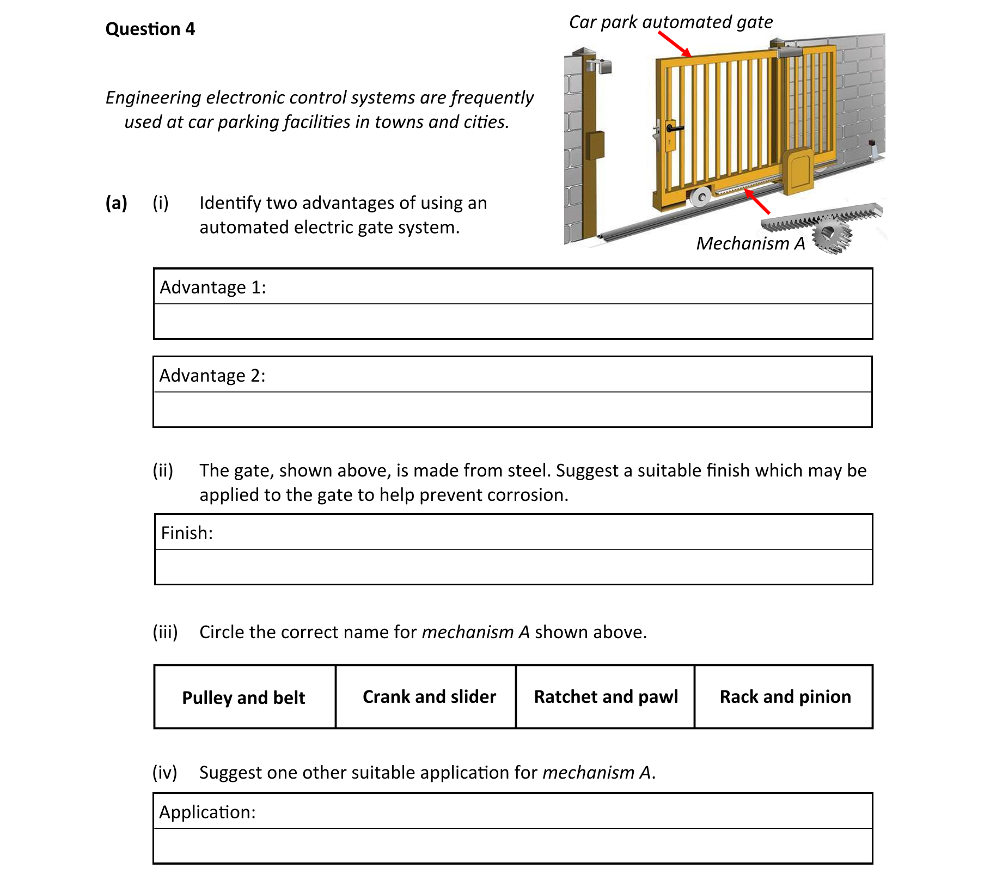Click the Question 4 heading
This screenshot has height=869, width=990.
point(150,28)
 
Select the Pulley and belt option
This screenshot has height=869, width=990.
point(243,697)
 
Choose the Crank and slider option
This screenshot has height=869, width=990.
point(429,696)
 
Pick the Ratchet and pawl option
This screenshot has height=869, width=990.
point(606,696)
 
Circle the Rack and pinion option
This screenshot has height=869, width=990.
point(785,696)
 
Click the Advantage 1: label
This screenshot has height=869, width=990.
point(212,287)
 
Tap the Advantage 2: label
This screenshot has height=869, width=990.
point(212,375)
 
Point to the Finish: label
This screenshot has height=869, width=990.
point(187,533)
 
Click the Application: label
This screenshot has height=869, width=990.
point(207,812)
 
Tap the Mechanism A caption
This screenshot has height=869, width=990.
point(750,243)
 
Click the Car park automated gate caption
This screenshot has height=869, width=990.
point(670,22)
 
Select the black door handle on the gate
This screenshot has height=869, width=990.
point(674,128)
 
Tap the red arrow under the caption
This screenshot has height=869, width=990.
point(675,44)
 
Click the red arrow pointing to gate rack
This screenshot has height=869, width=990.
point(757,201)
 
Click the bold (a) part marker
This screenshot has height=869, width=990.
point(116,203)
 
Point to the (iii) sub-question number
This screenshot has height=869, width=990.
point(165,632)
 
